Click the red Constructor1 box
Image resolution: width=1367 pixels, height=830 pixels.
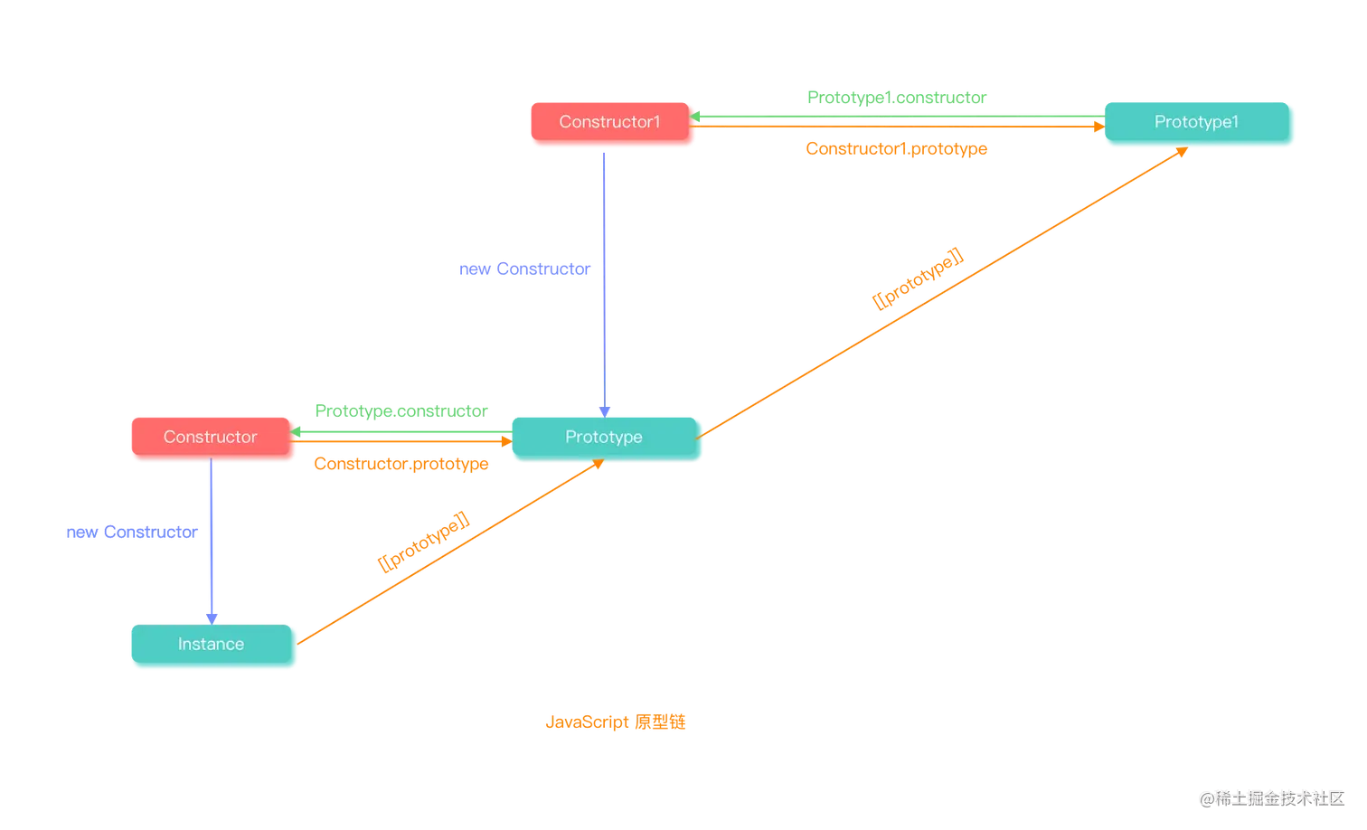[610, 122]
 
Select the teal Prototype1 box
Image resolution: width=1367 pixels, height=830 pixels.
[1196, 122]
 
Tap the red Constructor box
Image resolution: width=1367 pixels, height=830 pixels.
[211, 437]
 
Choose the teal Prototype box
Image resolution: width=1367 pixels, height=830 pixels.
[604, 437]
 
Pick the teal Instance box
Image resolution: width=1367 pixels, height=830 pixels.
[212, 644]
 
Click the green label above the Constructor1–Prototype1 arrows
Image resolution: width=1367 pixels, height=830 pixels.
[896, 97]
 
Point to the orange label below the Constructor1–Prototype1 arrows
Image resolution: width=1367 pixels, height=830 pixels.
[896, 148]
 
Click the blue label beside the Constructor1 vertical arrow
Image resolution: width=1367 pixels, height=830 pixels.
[524, 269]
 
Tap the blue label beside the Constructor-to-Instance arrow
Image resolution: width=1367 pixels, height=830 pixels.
[132, 533]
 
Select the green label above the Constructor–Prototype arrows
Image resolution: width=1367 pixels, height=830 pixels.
[401, 410]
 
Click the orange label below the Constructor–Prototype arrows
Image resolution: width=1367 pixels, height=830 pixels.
[401, 464]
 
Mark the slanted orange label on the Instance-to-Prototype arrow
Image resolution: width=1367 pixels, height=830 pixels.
[423, 542]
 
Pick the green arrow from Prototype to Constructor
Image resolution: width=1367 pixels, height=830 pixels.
[398, 433]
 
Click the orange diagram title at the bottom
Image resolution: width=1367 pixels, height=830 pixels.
[616, 722]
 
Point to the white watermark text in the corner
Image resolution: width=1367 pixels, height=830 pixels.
[1271, 797]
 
